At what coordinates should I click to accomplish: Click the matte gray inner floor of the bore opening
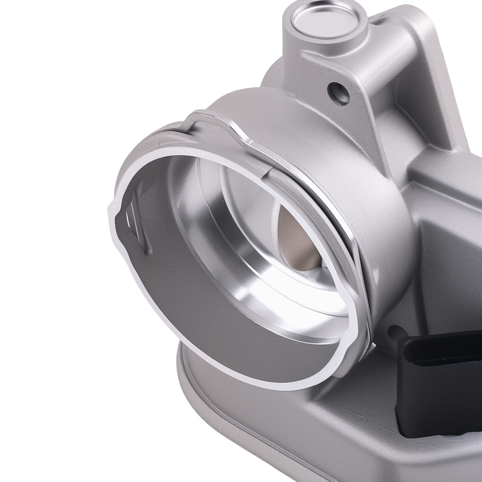click(193, 328)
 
